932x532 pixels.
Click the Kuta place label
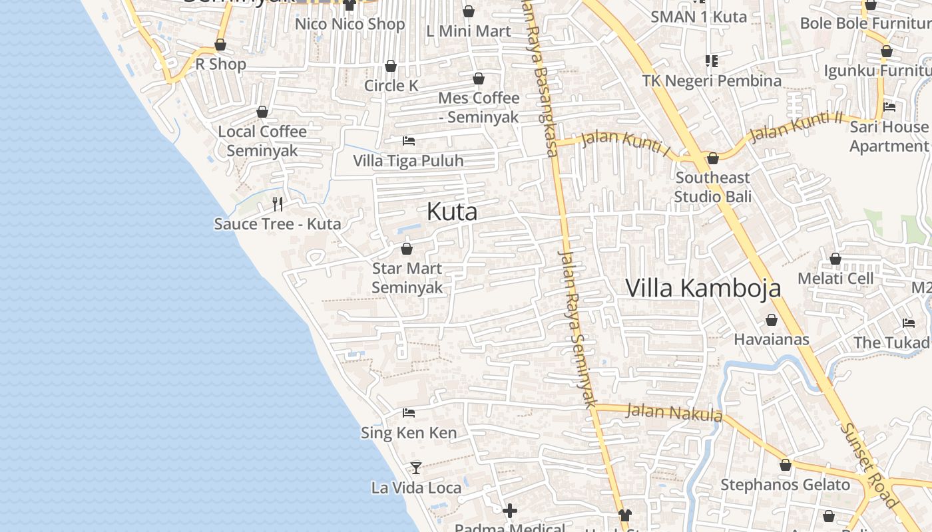[x=452, y=212]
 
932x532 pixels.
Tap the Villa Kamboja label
[x=703, y=288]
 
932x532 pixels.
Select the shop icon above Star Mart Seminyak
[x=407, y=249]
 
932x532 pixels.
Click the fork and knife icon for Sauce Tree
[x=278, y=203]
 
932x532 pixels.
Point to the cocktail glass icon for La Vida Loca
[x=416, y=467]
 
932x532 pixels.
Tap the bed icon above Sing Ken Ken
[x=409, y=413]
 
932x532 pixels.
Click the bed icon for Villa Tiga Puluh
[x=409, y=141]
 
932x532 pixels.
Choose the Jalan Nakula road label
[x=674, y=413]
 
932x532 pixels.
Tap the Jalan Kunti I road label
[x=625, y=142]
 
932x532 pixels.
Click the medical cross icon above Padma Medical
[x=510, y=511]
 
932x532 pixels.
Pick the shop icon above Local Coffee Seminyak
[x=262, y=112]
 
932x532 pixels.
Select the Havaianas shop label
[x=772, y=340]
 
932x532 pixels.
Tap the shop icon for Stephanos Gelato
[x=786, y=465]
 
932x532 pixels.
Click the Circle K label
[x=391, y=85]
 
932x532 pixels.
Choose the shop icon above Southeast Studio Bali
[x=713, y=158]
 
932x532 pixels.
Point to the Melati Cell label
[x=835, y=278]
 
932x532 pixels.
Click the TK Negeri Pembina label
[x=712, y=81]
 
